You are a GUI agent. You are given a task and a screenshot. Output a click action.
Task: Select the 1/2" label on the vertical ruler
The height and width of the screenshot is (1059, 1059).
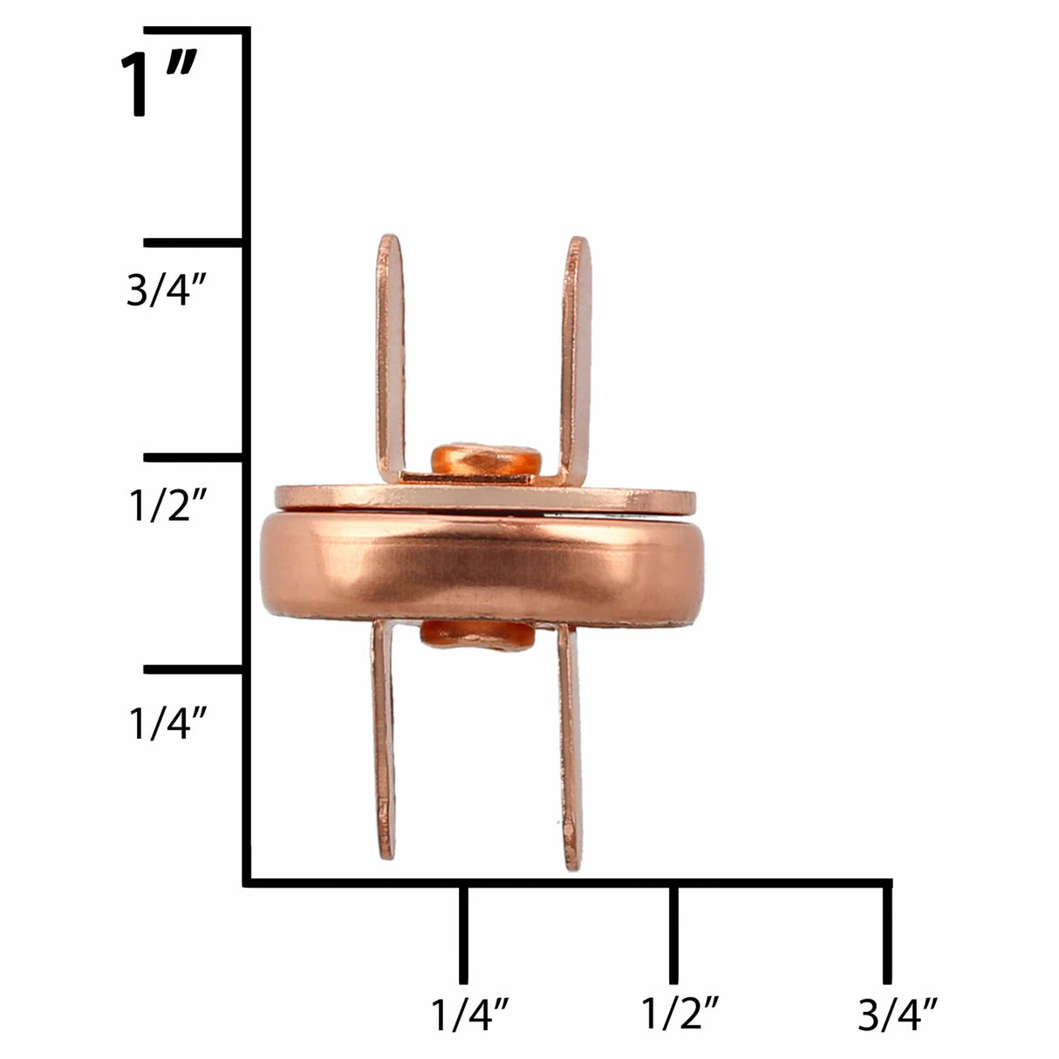167,504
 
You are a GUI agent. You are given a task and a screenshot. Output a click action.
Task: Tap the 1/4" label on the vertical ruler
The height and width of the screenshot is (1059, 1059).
167,722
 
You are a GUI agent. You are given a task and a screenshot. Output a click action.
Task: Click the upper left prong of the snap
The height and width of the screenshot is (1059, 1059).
391,349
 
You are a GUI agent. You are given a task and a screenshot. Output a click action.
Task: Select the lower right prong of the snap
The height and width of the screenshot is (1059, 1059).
569,741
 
